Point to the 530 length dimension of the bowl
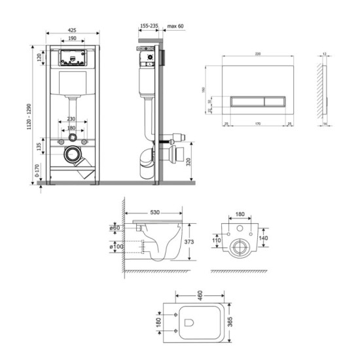tap(156, 213)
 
